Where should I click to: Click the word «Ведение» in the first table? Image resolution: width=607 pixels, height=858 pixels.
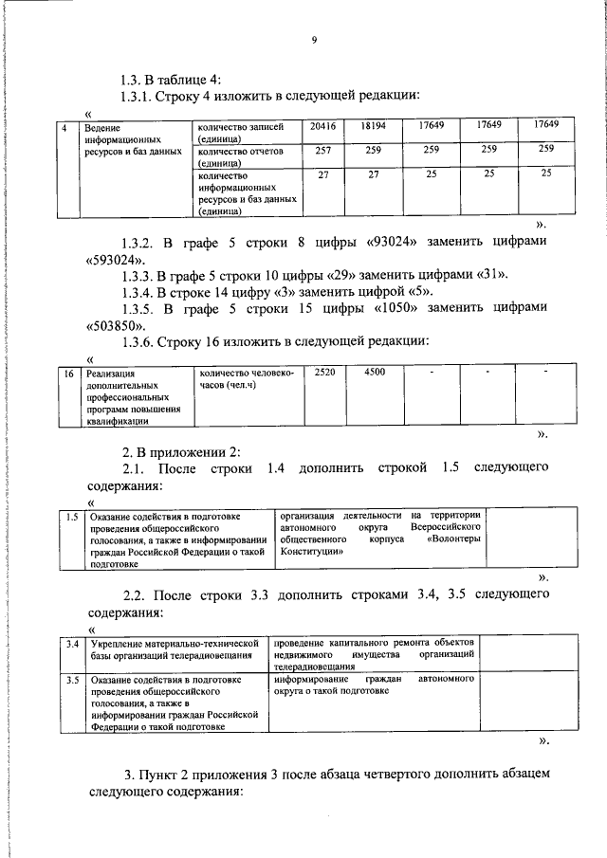[101, 127]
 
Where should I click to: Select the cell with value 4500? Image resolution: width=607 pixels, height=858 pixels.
[374, 374]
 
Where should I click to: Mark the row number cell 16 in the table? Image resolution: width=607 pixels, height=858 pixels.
[68, 375]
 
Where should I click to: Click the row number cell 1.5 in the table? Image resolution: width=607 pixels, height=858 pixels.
[71, 517]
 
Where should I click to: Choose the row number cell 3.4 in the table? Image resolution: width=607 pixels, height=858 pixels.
[71, 644]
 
